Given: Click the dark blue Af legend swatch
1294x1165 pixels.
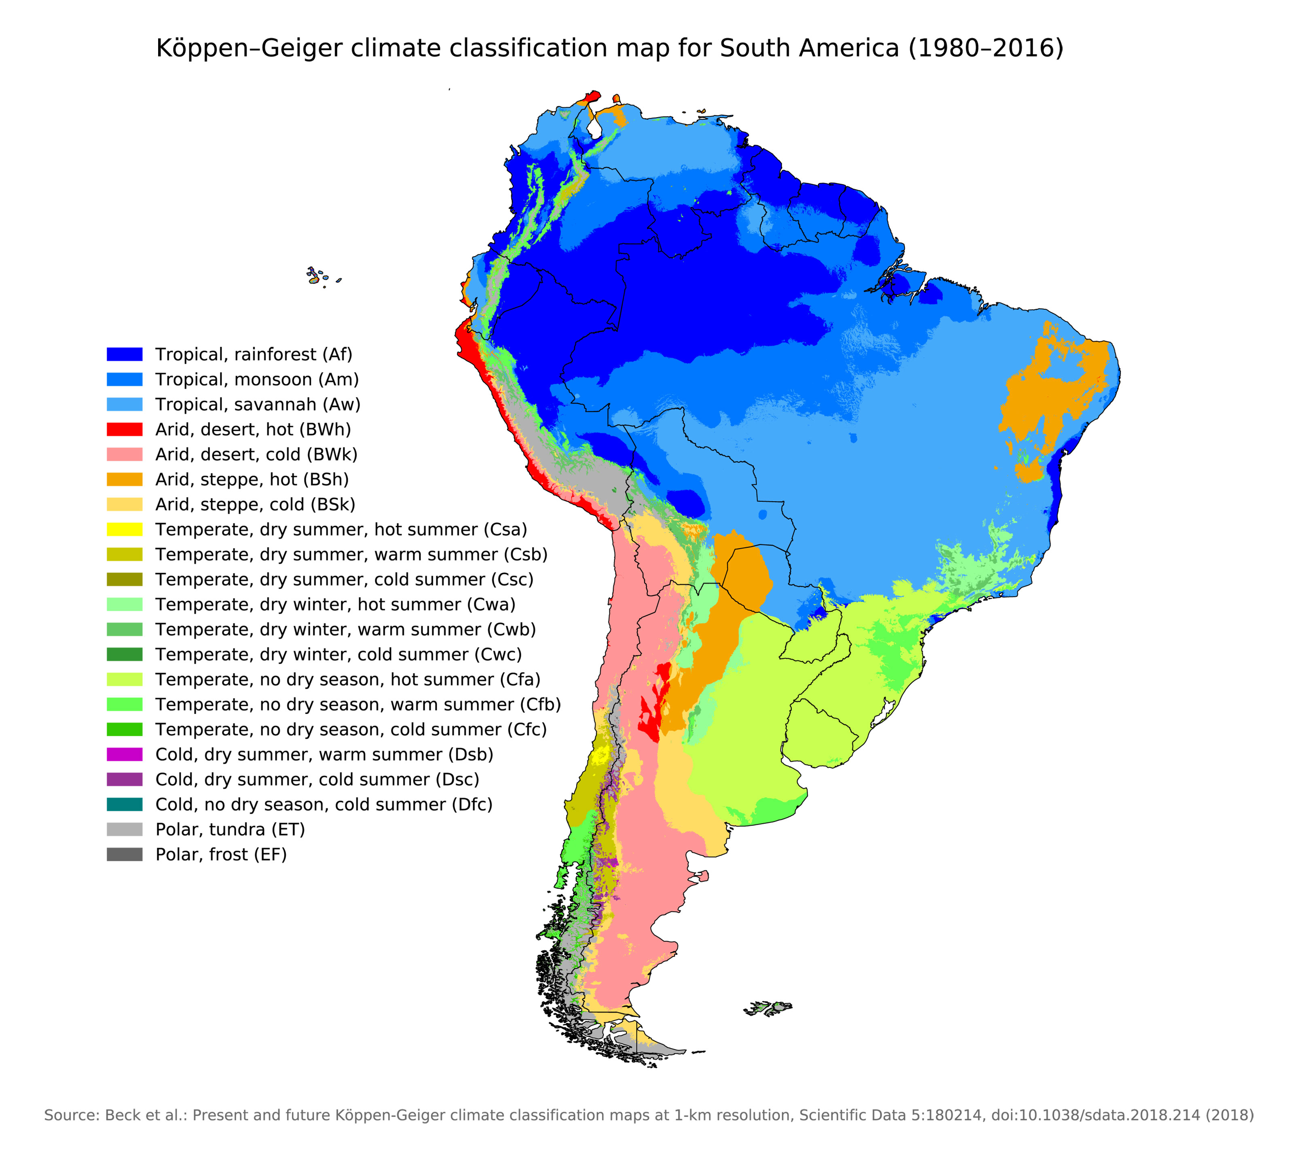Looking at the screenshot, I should (x=124, y=354).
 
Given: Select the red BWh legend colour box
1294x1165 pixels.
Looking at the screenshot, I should (x=124, y=429).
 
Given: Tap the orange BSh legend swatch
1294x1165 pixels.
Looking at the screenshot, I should (x=124, y=479).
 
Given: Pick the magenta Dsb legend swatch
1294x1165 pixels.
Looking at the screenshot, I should (x=124, y=754).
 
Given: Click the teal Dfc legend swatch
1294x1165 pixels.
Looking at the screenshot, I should (x=124, y=804).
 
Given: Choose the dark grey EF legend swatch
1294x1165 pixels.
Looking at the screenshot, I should (x=124, y=854).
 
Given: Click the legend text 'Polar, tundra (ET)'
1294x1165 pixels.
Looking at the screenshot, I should (x=230, y=829).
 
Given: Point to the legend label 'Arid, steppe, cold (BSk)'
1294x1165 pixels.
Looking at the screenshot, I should (x=255, y=504).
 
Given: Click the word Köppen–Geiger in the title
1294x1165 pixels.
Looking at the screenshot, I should (x=250, y=49).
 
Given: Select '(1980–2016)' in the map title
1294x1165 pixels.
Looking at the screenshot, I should (x=985, y=49).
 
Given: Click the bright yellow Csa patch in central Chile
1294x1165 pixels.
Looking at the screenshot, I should (x=600, y=756).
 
